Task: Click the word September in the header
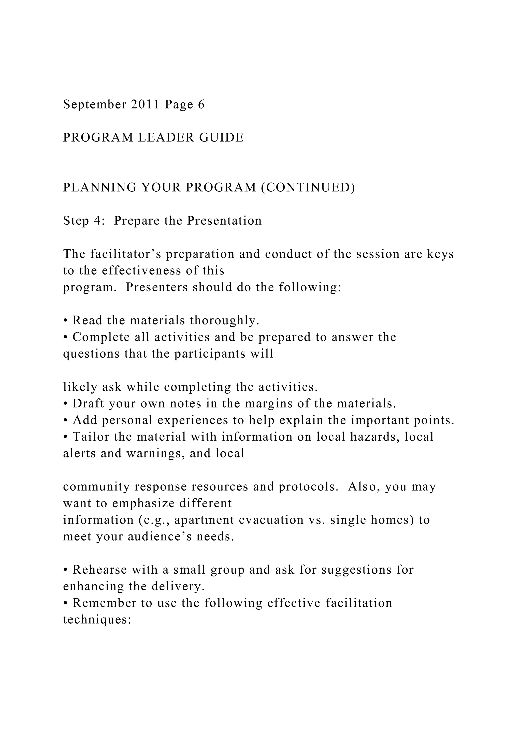pyautogui.click(x=95, y=105)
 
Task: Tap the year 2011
pyautogui.click(x=145, y=104)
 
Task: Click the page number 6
pyautogui.click(x=201, y=104)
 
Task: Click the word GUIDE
pyautogui.click(x=221, y=137)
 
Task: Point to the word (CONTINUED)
pyautogui.click(x=308, y=188)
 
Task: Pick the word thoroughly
pyautogui.click(x=225, y=320)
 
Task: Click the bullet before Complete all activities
pyautogui.click(x=65, y=338)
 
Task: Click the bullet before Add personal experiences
pyautogui.click(x=65, y=421)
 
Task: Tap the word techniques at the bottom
pyautogui.click(x=97, y=620)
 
